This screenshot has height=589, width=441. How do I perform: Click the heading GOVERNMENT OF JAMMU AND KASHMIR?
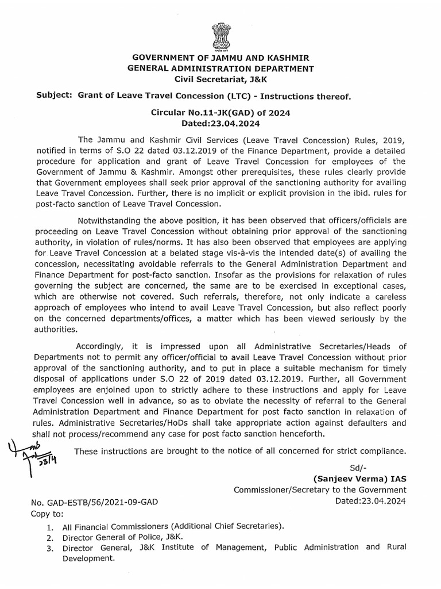220,59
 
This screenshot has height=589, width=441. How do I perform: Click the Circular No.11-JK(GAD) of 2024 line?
220,113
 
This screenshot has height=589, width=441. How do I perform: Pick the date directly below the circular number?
220,123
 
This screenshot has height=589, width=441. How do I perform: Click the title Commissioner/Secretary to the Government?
320,490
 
